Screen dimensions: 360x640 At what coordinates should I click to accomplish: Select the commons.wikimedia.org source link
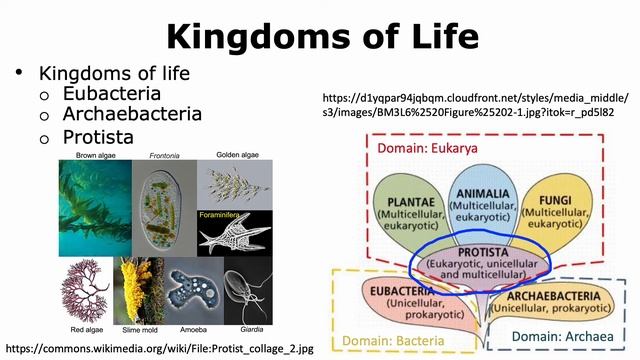point(160,349)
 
